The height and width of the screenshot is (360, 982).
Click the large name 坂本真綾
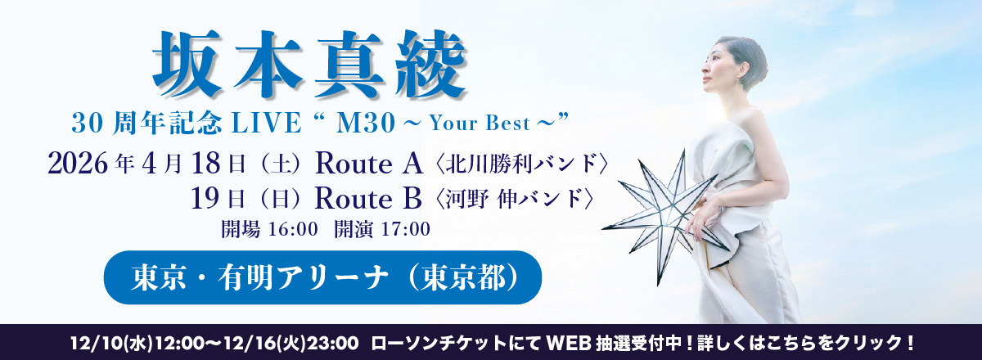309,64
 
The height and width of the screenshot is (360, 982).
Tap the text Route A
369,164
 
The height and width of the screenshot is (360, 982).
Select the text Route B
368,199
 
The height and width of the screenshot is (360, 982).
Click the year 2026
78,164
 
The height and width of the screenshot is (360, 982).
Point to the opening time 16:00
293,229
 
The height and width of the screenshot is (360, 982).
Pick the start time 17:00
406,229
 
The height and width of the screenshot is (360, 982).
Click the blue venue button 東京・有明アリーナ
322,277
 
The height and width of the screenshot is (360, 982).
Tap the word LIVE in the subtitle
267,123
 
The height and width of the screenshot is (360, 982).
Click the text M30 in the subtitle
365,123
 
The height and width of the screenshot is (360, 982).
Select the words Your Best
480,124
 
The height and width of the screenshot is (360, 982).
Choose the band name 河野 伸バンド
514,199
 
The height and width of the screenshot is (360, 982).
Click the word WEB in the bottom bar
569,343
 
